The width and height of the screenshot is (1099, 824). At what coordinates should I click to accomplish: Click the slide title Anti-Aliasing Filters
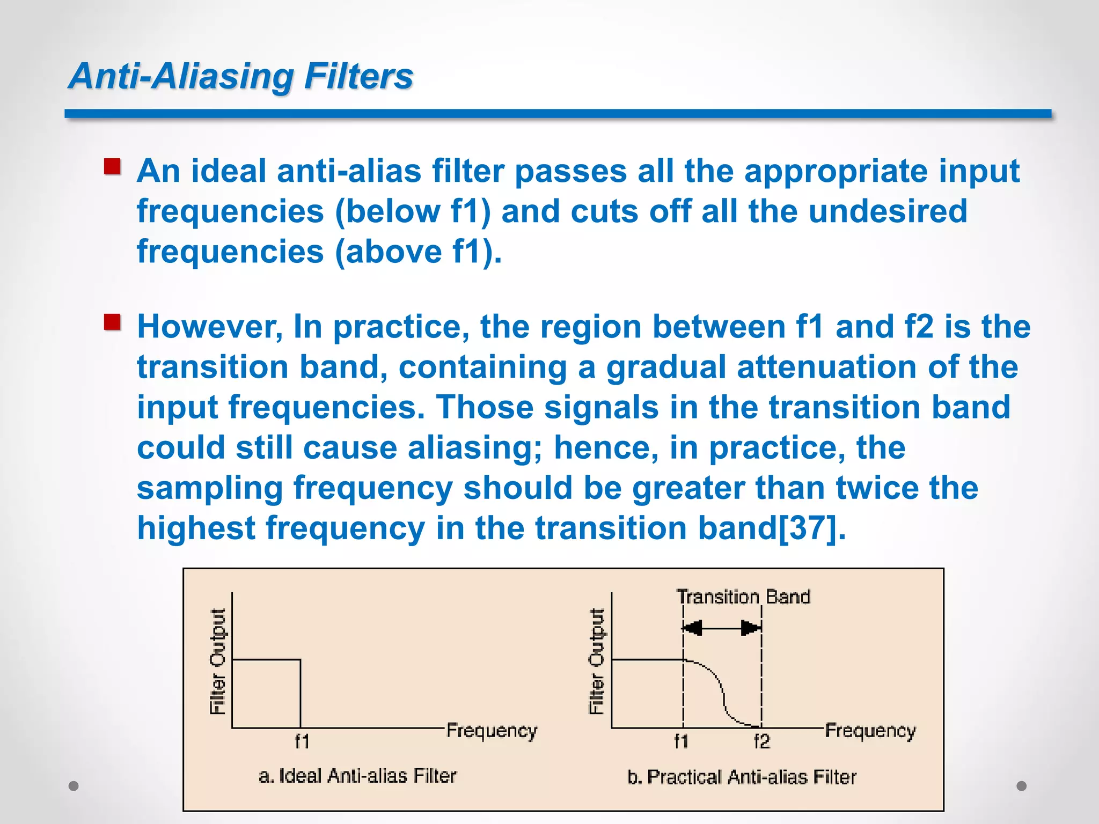click(x=241, y=76)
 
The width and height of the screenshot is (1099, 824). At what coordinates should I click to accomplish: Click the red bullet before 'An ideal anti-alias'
click(x=112, y=167)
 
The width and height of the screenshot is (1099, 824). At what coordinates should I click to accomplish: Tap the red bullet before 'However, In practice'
click(x=112, y=322)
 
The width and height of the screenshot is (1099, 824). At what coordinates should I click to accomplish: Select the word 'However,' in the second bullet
click(x=210, y=327)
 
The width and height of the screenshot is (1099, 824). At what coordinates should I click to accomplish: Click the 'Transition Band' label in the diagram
click(x=743, y=597)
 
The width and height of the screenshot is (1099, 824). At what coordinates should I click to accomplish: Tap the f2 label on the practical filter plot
click(x=761, y=741)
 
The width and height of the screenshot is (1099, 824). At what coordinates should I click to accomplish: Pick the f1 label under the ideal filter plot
click(x=302, y=741)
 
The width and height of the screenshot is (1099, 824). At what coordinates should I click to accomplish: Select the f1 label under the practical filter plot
click(x=681, y=741)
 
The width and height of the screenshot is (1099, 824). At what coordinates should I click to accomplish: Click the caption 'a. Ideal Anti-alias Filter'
click(x=357, y=776)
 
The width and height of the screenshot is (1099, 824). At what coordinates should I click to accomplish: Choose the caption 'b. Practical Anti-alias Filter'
click(x=742, y=777)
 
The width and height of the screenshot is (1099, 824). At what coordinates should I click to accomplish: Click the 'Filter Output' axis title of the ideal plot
click(x=217, y=661)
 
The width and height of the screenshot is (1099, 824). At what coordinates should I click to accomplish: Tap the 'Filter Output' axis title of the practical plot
click(x=597, y=661)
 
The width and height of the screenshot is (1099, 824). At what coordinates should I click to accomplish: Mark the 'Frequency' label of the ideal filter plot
click(x=492, y=731)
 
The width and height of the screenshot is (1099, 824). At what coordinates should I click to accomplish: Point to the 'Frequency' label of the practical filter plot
click(x=870, y=731)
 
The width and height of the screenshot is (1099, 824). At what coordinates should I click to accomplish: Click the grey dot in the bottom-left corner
click(x=74, y=786)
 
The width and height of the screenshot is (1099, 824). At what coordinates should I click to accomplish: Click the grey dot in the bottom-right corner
click(x=1022, y=786)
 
